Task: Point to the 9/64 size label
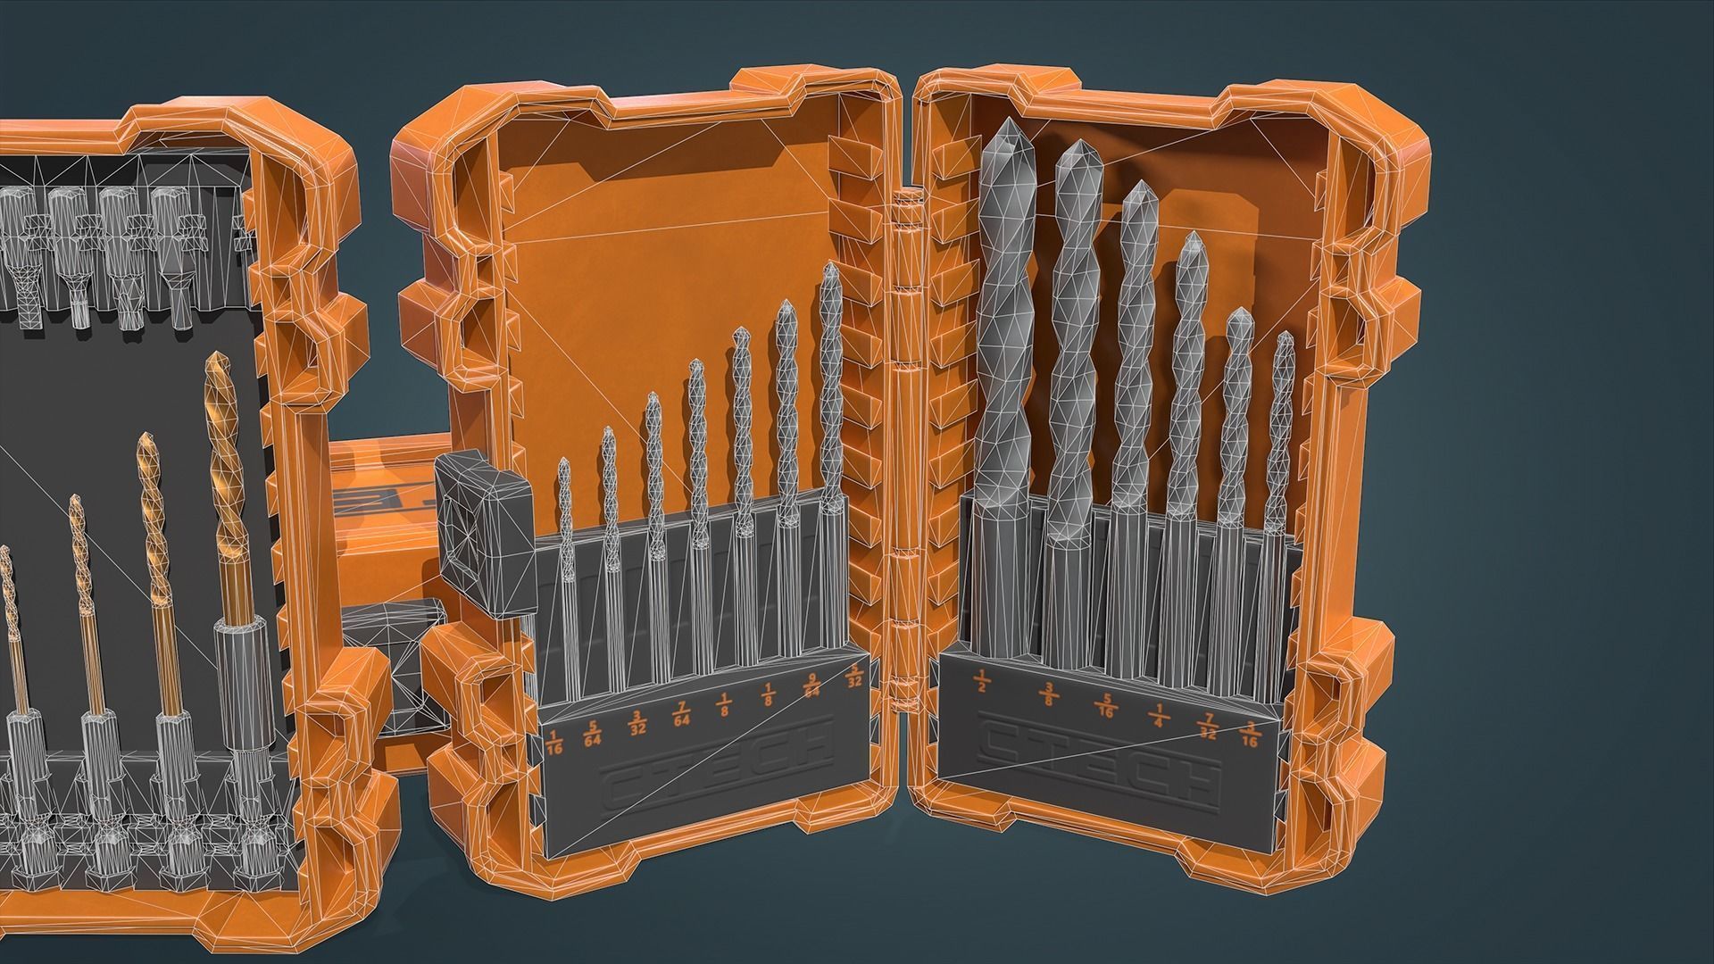[811, 690]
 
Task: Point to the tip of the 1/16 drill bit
[564, 462]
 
